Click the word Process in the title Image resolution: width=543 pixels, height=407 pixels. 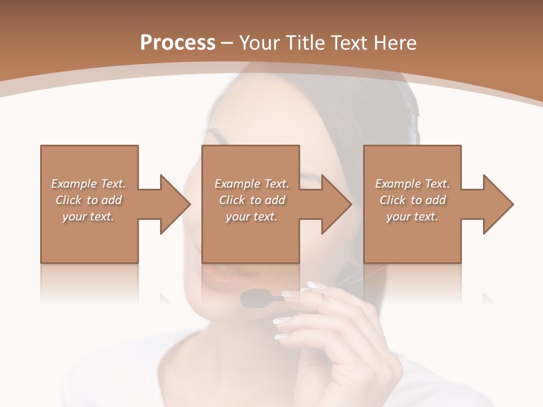(178, 43)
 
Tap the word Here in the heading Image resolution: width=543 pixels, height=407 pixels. (394, 43)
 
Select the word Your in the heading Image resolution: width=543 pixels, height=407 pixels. (261, 43)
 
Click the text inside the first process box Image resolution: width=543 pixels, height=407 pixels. (88, 200)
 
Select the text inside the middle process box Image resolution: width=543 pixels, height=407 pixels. (251, 200)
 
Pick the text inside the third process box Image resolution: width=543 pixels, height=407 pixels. (412, 200)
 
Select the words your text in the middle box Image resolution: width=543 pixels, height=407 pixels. (251, 217)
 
